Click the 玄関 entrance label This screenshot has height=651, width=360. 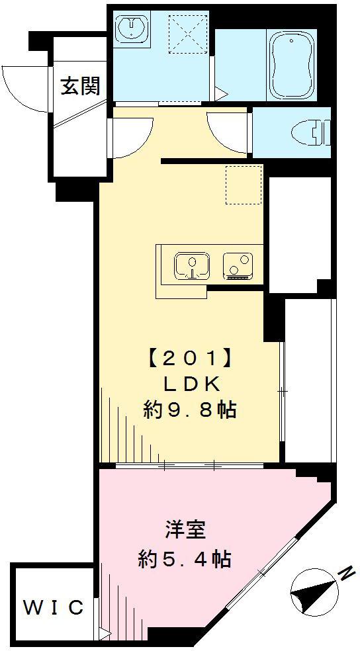[x=81, y=86]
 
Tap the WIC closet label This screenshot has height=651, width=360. [x=54, y=607]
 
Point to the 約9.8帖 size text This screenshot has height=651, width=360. [x=191, y=410]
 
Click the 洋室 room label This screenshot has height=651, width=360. [x=185, y=530]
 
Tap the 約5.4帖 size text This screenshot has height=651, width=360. [x=185, y=560]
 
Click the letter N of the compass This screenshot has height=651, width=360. [x=345, y=572]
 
